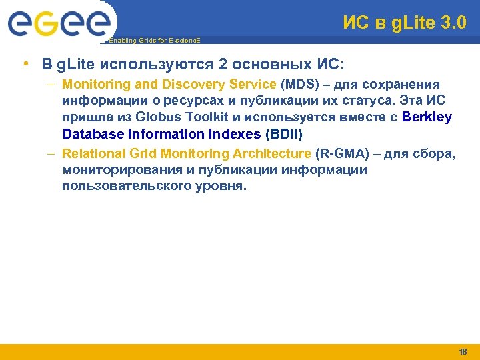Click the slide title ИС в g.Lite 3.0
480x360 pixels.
pyautogui.click(x=404, y=23)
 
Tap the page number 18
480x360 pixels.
pyautogui.click(x=463, y=351)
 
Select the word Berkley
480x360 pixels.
pyautogui.click(x=427, y=117)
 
